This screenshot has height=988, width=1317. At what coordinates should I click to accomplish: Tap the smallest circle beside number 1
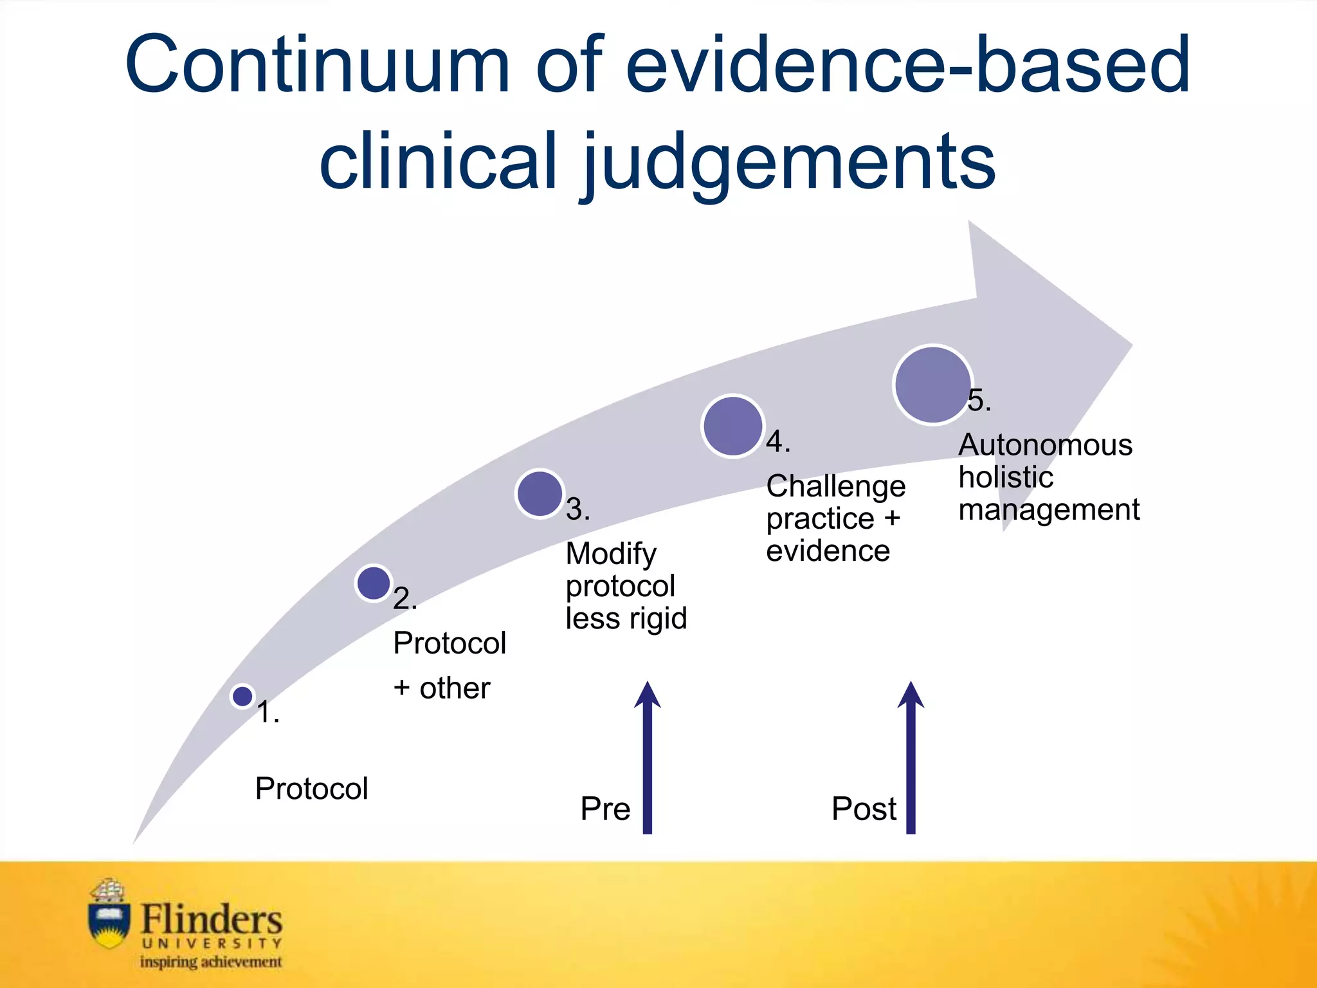[242, 696]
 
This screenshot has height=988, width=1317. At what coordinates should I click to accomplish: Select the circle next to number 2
[374, 583]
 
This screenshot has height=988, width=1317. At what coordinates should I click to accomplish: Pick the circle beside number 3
[540, 493]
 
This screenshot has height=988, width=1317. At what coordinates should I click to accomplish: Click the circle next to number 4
[732, 426]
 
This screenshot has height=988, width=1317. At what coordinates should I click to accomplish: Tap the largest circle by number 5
[932, 385]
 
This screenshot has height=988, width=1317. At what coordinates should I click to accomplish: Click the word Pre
[605, 809]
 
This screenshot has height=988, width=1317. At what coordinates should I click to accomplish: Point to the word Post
[864, 809]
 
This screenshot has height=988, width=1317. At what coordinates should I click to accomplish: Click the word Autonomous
[1045, 445]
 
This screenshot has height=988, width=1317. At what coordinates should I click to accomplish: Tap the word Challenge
[835, 487]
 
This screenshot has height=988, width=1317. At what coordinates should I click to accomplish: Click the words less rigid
[626, 618]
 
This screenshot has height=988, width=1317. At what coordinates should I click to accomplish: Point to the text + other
[442, 688]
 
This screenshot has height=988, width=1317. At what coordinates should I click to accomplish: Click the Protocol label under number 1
[311, 789]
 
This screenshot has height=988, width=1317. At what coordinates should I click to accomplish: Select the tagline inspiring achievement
[211, 962]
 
